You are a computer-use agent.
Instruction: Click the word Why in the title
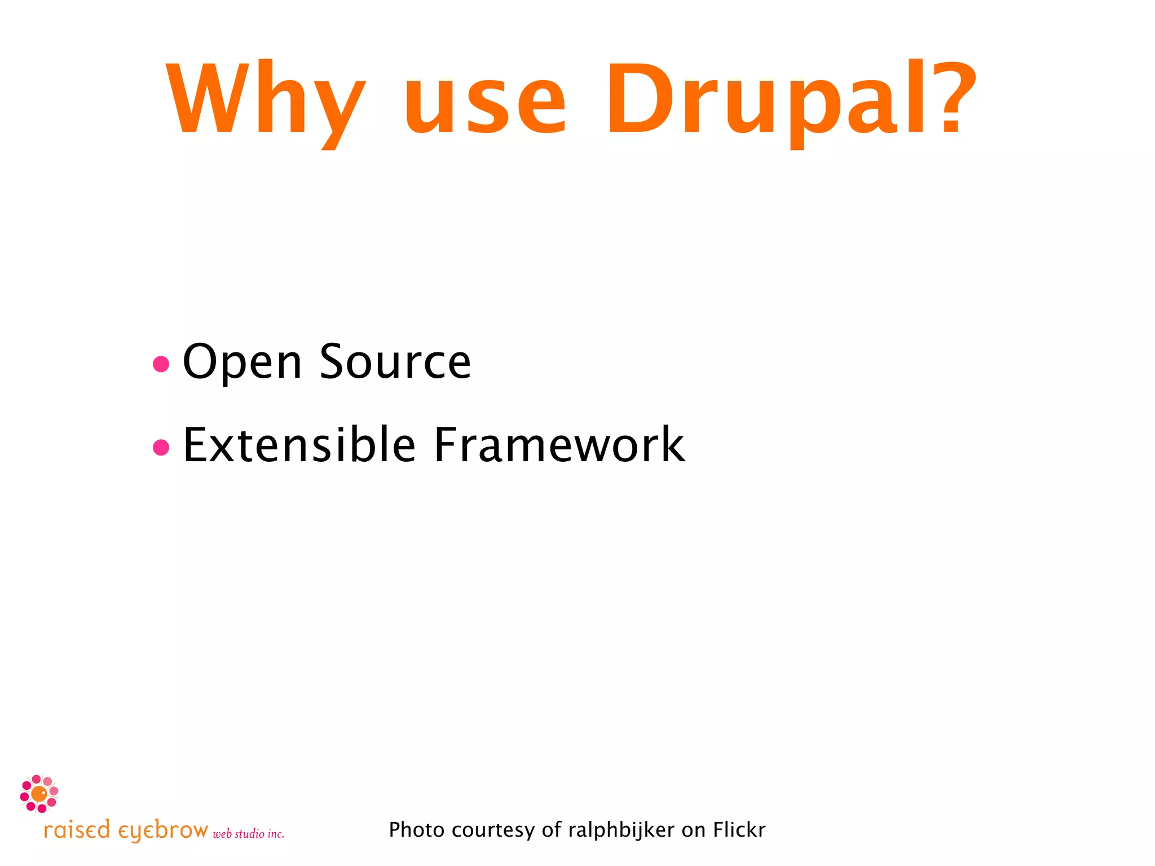click(x=265, y=101)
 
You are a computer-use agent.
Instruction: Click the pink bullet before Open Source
click(x=161, y=364)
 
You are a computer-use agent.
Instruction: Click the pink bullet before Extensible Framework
click(x=161, y=447)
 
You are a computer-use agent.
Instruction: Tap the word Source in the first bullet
click(x=395, y=362)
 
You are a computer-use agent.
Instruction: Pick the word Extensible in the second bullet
click(x=299, y=445)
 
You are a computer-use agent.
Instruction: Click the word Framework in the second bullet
click(x=558, y=445)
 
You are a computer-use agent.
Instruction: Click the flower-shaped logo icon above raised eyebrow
click(x=39, y=794)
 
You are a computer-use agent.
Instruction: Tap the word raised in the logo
click(x=77, y=830)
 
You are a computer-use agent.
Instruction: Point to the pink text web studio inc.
click(x=248, y=834)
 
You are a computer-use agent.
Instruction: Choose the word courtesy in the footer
click(x=493, y=830)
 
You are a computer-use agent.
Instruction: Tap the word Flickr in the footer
click(x=739, y=830)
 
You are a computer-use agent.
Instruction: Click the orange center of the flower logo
click(x=39, y=794)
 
